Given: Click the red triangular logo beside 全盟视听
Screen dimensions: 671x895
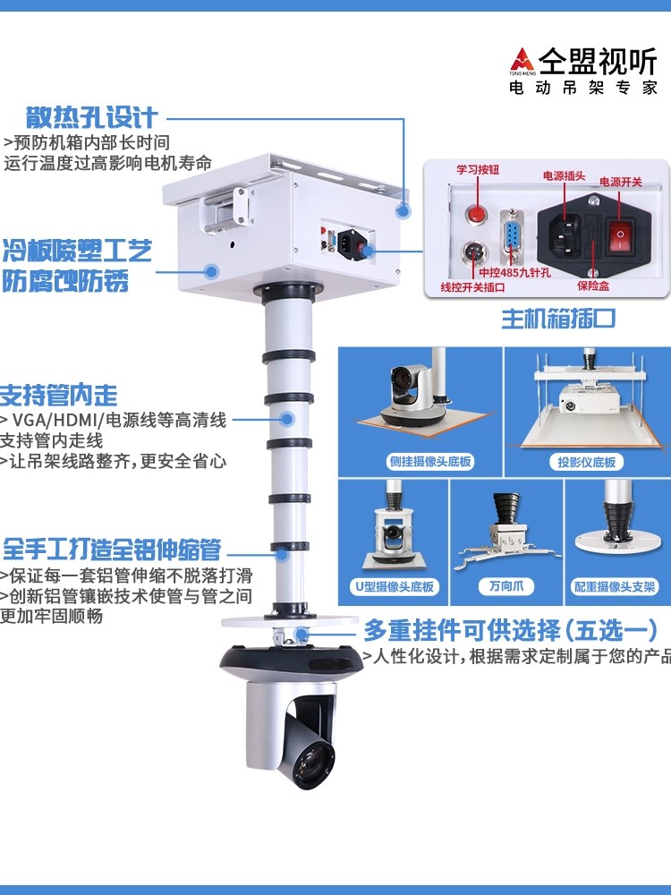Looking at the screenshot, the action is click(522, 60).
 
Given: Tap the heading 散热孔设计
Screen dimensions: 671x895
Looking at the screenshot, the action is click(91, 117).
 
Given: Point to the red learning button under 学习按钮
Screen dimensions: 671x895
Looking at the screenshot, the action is click(476, 214).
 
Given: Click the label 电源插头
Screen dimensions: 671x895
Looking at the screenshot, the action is click(564, 175).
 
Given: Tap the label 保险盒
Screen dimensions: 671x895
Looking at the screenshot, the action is click(593, 286).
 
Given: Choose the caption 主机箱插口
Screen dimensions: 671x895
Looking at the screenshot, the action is click(558, 319).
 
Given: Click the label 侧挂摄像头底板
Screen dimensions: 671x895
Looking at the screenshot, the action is click(430, 461).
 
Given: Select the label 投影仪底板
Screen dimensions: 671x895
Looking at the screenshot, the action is click(587, 462).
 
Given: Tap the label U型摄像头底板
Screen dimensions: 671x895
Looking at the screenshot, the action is click(395, 586).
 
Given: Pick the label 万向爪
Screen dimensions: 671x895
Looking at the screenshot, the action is click(506, 585).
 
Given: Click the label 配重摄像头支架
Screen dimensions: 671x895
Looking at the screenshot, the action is click(614, 586).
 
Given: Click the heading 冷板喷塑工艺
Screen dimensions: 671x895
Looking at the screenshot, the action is click(78, 251).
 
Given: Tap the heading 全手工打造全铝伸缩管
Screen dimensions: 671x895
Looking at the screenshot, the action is click(112, 549).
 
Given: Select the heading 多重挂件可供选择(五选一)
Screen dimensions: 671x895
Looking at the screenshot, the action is click(511, 631).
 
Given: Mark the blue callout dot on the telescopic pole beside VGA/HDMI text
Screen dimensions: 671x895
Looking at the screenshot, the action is click(287, 419).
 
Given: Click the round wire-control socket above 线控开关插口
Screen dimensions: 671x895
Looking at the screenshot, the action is click(473, 251).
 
